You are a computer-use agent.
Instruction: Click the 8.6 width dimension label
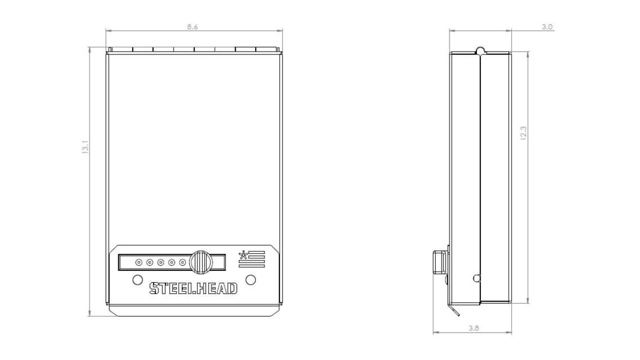pos(192,27)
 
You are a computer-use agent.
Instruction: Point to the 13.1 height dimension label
pos(85,147)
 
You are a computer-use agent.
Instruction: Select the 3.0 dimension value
pos(547,27)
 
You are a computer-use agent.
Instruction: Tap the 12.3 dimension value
pos(524,133)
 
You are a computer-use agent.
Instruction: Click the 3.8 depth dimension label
pos(474,328)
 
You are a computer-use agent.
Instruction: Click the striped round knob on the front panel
pos(201,262)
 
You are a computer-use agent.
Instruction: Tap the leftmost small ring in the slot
pos(139,262)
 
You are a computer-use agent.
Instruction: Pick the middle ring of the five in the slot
pos(161,262)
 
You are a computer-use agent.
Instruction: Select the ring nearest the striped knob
pos(183,262)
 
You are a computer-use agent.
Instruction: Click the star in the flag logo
pos(243,255)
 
